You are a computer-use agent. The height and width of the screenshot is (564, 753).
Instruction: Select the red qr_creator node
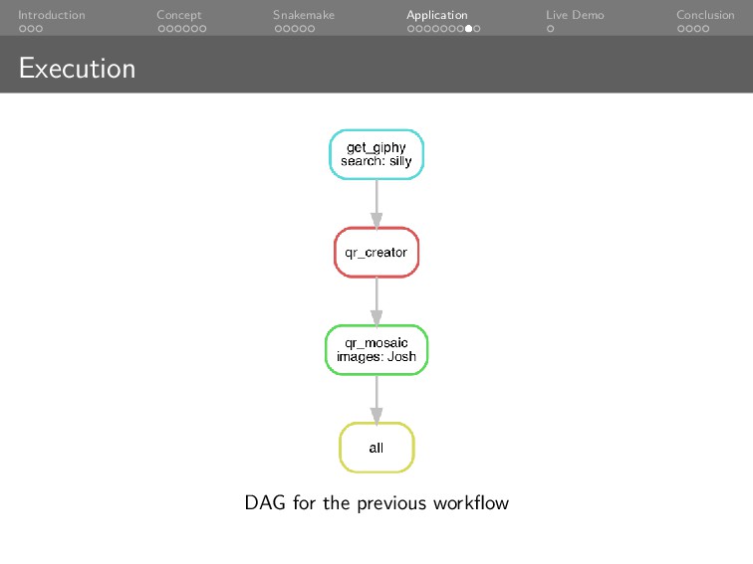point(376,253)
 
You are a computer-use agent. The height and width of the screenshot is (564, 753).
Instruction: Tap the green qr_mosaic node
point(376,349)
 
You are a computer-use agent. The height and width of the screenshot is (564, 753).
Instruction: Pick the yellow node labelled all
point(376,448)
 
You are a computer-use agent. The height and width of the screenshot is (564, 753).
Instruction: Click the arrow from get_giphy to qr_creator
point(376,203)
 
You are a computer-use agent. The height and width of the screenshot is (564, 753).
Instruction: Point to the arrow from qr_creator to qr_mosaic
point(376,300)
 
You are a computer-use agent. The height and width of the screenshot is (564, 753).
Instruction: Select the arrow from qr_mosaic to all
point(376,398)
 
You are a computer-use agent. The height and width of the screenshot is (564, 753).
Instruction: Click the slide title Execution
point(77,69)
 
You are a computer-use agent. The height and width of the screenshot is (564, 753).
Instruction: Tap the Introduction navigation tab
point(51,15)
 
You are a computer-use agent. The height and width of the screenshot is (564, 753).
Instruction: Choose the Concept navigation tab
point(179,15)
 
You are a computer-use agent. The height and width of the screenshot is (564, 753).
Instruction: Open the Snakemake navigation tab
point(304,15)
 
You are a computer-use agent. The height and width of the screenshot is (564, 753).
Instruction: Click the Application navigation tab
point(437,15)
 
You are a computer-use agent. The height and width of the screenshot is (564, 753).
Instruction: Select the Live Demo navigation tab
point(575,15)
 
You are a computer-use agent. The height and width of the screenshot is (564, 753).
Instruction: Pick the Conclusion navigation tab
point(705,15)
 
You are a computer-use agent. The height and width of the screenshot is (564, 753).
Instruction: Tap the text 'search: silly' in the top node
point(376,161)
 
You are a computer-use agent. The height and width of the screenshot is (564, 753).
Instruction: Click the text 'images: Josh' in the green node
point(376,357)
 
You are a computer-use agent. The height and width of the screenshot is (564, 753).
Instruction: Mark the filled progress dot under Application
point(468,29)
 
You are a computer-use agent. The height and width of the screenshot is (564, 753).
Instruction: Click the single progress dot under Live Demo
point(550,29)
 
